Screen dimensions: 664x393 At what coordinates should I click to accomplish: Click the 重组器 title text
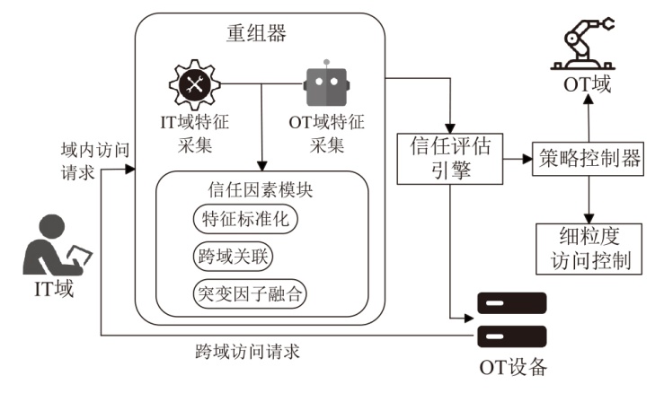coord(256,33)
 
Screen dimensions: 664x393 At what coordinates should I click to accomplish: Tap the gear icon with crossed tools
coord(195,84)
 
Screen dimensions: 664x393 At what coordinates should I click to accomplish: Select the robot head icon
coord(326,83)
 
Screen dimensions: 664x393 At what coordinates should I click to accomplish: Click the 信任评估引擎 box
coord(450,159)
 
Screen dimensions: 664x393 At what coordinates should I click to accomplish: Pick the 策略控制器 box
coord(589,159)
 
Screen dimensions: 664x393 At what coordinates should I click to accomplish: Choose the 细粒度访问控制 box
coord(589,249)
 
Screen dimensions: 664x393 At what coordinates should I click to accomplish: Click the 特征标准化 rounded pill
coord(245,219)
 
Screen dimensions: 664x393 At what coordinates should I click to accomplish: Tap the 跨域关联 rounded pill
coord(233,257)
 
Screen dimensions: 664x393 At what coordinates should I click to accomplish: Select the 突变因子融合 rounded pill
coord(250,293)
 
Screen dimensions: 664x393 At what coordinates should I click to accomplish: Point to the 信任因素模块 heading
coord(260,190)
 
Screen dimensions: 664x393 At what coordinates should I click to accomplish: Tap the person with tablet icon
coord(57,245)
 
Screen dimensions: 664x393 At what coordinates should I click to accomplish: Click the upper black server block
coord(511,303)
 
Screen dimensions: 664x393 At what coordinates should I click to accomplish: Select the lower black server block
coord(511,336)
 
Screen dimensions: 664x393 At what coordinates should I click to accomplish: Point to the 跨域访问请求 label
coord(248,352)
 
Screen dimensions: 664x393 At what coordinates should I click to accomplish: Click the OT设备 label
coord(513,368)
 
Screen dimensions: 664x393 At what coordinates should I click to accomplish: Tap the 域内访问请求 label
coord(95,162)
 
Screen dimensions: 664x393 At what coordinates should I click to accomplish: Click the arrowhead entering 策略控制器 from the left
coord(527,159)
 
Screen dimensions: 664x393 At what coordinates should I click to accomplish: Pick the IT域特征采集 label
coord(195,134)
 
